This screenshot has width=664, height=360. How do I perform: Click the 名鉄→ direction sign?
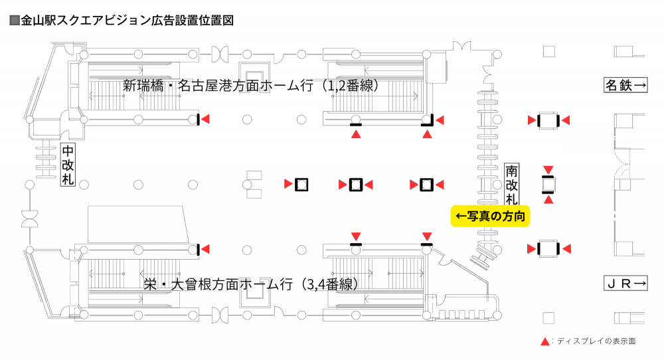pyautogui.click(x=625, y=86)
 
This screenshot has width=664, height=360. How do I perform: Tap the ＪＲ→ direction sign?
pyautogui.click(x=625, y=284)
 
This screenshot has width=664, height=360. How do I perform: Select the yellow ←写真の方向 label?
pyautogui.click(x=490, y=217)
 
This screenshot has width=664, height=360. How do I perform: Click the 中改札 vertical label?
pyautogui.click(x=68, y=165)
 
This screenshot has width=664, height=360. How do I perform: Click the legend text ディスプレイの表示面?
pyautogui.click(x=596, y=341)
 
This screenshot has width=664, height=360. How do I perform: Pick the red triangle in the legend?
pyautogui.click(x=545, y=341)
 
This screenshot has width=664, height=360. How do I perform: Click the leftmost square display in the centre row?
pyautogui.click(x=301, y=184)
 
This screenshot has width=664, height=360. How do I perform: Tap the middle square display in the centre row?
pyautogui.click(x=356, y=184)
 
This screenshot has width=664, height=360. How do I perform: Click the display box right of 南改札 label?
pyautogui.click(x=548, y=184)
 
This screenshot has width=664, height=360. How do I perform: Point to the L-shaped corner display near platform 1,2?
pyautogui.click(x=430, y=121)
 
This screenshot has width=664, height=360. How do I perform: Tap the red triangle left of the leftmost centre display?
pyautogui.click(x=288, y=184)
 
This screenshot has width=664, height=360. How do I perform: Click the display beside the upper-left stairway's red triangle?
pyautogui.click(x=199, y=120)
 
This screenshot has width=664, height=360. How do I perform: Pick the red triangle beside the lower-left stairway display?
pyautogui.click(x=206, y=249)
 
